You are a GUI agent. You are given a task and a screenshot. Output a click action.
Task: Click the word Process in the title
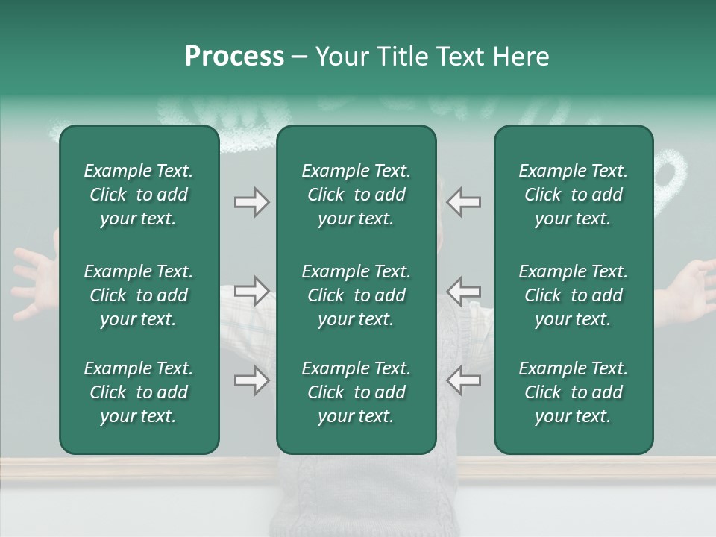(234, 57)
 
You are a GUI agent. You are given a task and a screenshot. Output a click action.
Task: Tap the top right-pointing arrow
(251, 202)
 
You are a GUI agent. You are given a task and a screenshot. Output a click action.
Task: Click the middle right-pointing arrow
(251, 291)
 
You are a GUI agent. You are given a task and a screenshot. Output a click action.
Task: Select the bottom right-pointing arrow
(251, 380)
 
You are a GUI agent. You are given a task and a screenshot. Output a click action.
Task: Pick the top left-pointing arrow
(464, 202)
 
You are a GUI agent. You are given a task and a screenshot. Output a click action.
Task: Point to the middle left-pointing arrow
(464, 291)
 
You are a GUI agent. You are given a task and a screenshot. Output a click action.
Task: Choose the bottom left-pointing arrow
(464, 380)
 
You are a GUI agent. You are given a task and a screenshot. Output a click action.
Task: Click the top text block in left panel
(139, 195)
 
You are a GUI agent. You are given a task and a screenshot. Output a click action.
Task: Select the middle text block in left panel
(139, 295)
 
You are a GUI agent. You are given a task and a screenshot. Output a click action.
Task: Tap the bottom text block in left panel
(139, 392)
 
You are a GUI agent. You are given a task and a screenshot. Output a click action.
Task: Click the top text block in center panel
(356, 195)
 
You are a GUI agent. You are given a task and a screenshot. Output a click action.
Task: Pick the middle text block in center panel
(356, 295)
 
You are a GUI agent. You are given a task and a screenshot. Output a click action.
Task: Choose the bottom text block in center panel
(356, 392)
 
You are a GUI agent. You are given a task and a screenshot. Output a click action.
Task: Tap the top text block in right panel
(574, 195)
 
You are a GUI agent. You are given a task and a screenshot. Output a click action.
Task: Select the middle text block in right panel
(574, 295)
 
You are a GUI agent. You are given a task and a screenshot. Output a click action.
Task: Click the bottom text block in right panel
(574, 392)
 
